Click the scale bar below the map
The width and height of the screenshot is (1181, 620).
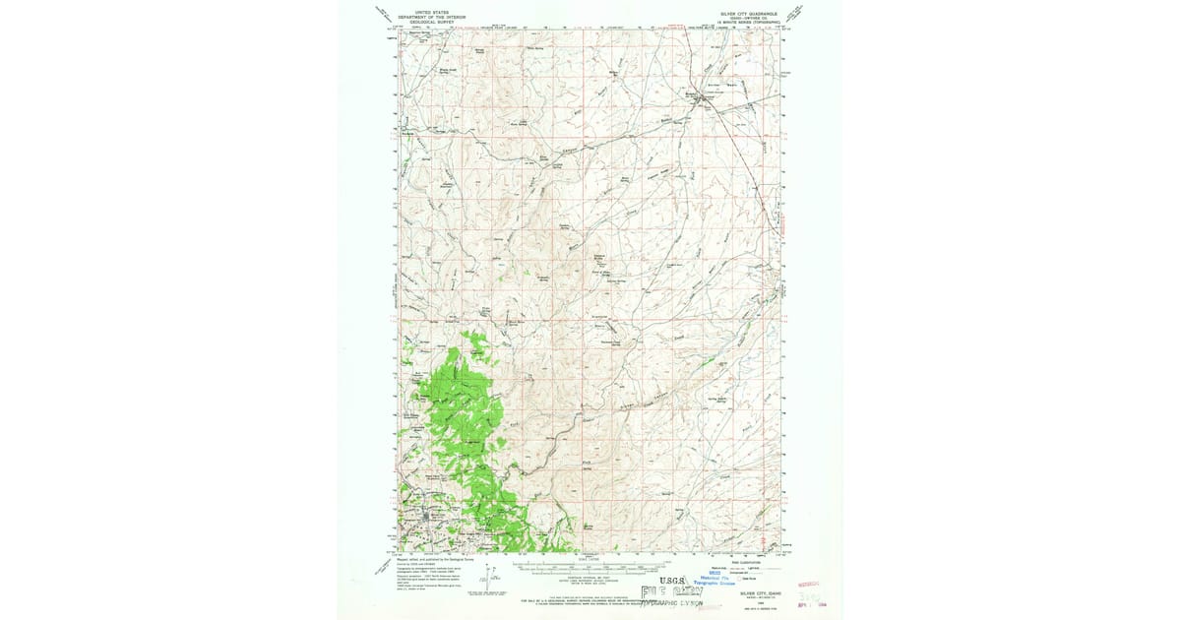pos(590,568)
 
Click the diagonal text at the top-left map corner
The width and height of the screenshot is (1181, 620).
pos(384,14)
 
